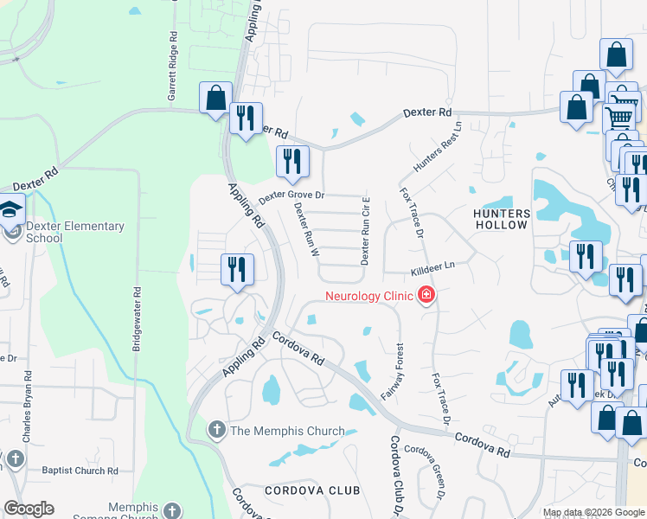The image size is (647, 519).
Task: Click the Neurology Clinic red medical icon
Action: [426, 297]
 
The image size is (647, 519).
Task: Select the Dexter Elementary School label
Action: [74, 233]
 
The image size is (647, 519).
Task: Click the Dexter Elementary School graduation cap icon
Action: [11, 210]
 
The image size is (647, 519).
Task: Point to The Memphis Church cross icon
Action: [216, 430]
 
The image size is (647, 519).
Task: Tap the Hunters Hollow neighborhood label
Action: [502, 218]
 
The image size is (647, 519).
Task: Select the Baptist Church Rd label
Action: [80, 471]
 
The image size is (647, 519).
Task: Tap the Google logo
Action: [29, 509]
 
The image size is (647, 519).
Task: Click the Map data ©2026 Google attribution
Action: [594, 513]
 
